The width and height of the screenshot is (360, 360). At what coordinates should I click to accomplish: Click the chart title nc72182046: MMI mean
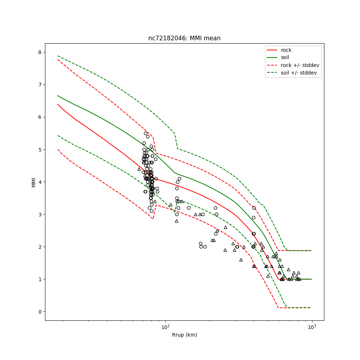click(184, 38)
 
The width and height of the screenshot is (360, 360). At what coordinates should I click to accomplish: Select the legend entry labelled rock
click(286, 50)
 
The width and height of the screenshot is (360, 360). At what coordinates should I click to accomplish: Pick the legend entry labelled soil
click(285, 57)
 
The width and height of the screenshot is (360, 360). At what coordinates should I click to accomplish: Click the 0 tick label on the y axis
click(40, 311)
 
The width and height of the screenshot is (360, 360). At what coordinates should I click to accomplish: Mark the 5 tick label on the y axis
click(40, 149)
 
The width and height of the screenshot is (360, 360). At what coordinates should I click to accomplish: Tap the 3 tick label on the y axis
click(40, 214)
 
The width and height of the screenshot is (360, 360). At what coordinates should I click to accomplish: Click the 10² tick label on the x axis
click(165, 327)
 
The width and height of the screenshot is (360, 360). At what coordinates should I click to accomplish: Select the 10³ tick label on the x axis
click(312, 327)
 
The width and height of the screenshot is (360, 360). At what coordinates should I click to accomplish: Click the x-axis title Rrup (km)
click(184, 335)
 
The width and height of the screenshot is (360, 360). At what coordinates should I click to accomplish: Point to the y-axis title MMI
click(34, 182)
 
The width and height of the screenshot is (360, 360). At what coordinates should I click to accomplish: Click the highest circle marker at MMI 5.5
click(145, 133)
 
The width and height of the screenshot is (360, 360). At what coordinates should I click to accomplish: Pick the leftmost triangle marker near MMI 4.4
click(139, 169)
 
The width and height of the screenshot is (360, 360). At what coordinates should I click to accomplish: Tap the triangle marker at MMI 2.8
click(176, 221)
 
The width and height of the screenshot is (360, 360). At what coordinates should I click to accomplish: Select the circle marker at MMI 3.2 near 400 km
click(254, 208)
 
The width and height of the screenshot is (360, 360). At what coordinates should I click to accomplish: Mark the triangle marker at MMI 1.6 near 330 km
click(241, 260)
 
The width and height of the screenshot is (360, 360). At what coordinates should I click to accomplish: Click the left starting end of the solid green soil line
click(58, 95)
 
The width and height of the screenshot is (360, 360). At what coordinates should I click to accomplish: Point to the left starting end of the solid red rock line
click(58, 104)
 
